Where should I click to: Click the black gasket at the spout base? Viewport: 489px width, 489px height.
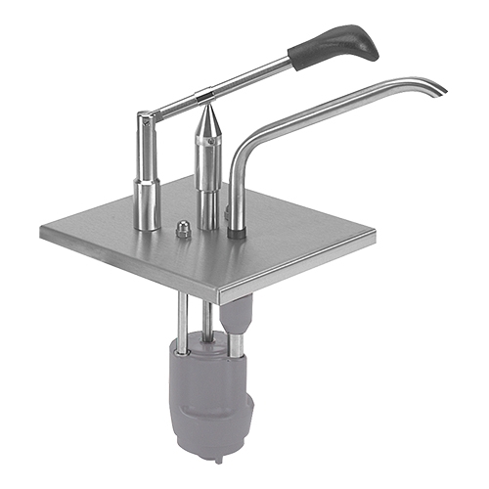pyautogui.click(x=235, y=233)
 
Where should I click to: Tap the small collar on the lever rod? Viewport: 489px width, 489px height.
pyautogui.click(x=200, y=96)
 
